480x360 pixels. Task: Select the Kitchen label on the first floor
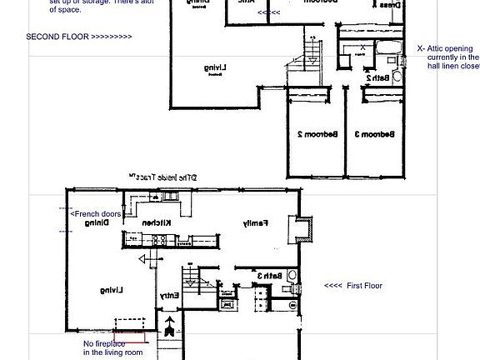pyautogui.click(x=157, y=223)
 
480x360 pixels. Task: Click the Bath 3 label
pyautogui.click(x=267, y=276)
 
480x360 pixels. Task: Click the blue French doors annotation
pyautogui.click(x=95, y=214)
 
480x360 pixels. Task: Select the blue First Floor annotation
pyautogui.click(x=352, y=285)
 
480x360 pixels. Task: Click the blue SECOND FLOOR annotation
pyautogui.click(x=78, y=37)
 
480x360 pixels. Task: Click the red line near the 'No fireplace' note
pyautogui.click(x=135, y=339)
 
